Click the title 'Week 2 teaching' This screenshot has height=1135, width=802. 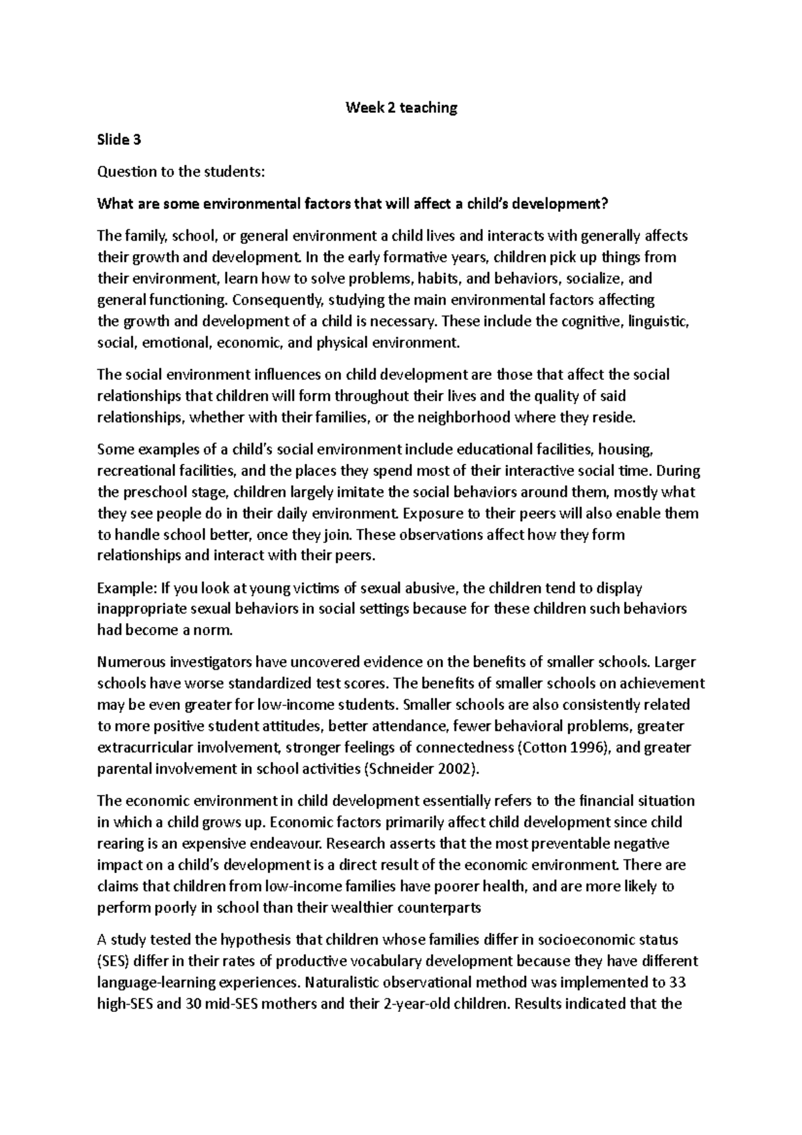coord(401,108)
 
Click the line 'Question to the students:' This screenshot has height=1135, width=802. coord(181,172)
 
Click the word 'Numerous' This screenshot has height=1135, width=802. coord(130,662)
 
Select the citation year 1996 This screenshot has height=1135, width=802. coord(587,747)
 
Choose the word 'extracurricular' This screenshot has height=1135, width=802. coord(146,747)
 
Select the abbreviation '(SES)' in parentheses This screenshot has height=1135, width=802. coord(116,961)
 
